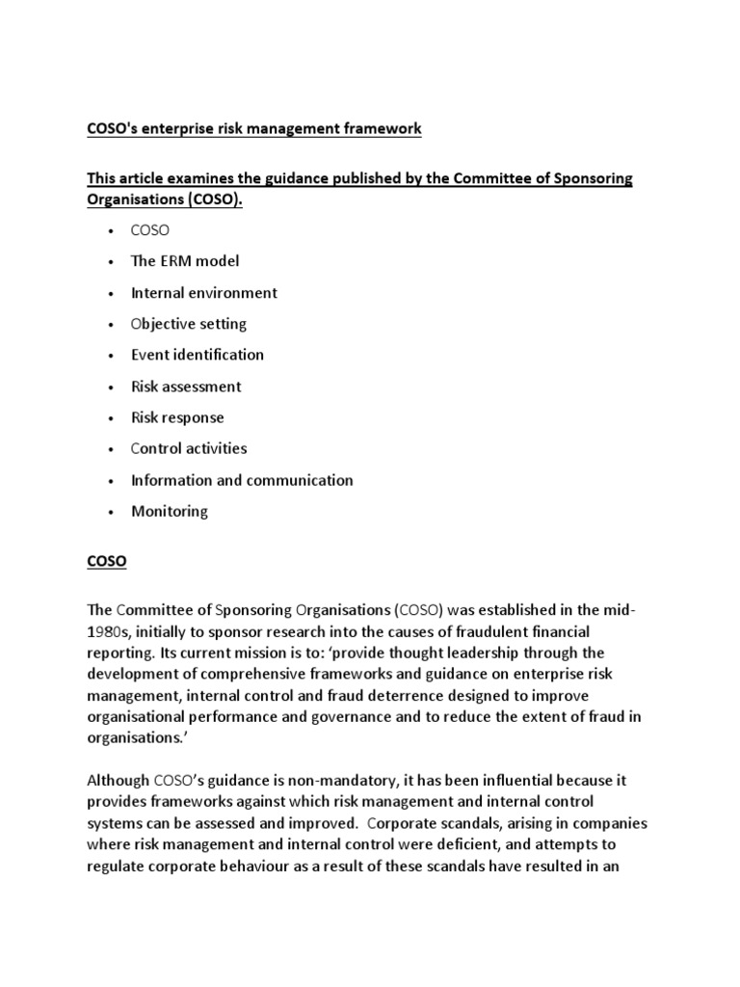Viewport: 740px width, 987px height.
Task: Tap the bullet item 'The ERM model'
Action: click(185, 261)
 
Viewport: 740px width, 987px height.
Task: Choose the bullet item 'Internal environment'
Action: click(203, 292)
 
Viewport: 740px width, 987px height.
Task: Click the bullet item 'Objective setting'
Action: click(189, 324)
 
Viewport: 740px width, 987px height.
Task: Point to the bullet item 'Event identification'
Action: click(197, 355)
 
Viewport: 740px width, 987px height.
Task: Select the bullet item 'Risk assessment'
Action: click(186, 387)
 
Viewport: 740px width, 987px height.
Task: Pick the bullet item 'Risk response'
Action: click(177, 417)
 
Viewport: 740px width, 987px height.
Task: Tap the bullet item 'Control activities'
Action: click(189, 448)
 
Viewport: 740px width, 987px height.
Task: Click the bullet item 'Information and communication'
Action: click(242, 480)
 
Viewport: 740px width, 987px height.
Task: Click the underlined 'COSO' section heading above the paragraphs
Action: click(107, 561)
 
